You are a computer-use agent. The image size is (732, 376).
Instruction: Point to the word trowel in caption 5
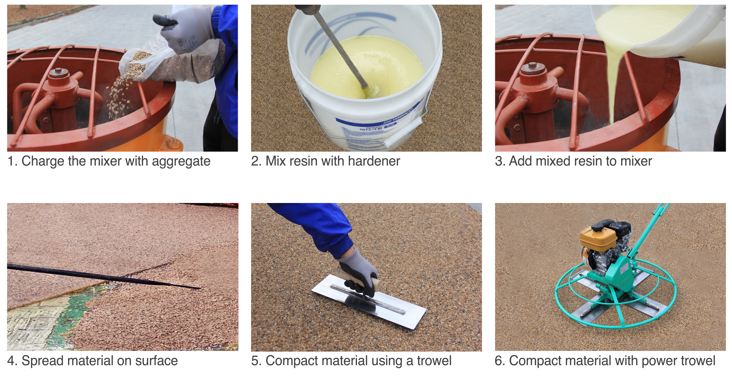[x=434, y=361]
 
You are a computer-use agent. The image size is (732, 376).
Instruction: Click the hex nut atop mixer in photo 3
[x=533, y=65]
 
